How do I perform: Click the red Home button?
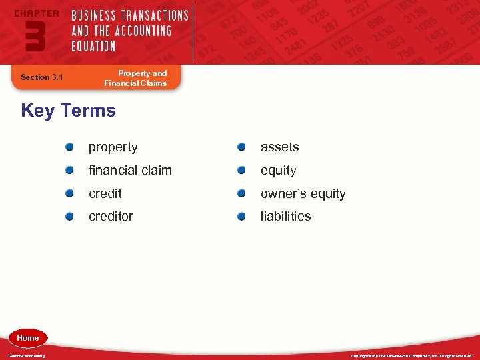[28, 338]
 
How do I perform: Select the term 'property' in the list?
[113, 147]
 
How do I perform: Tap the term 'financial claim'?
[130, 171]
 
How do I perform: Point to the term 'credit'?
[105, 194]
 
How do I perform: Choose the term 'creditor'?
[111, 217]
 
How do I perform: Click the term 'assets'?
[279, 147]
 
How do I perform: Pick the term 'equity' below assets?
[278, 171]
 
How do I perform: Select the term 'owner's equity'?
[303, 194]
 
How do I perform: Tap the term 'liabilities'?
[285, 217]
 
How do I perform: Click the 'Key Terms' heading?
[68, 111]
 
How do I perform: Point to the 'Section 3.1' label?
[41, 77]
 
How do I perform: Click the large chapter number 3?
[35, 36]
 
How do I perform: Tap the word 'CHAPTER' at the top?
[36, 13]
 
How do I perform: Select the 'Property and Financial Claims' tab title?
[135, 78]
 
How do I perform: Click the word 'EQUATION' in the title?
[93, 46]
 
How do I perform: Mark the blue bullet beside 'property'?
[70, 147]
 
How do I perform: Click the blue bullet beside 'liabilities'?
[242, 216]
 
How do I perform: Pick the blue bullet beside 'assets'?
[242, 147]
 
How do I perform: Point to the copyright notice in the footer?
[411, 356]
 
